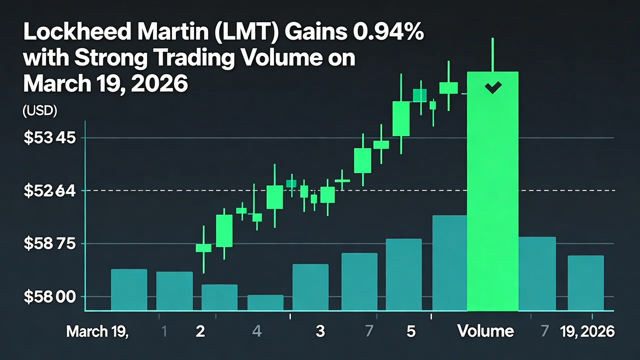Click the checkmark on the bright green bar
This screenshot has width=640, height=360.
pos(493,88)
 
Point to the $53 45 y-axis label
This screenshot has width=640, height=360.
pos(49,138)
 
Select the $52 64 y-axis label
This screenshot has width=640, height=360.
pos(49,191)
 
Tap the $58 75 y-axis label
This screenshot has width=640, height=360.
pos(49,244)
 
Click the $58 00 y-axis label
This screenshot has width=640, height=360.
pos(49,297)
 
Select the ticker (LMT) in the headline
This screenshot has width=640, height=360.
pos(257,33)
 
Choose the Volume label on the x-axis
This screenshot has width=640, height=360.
pos(485,331)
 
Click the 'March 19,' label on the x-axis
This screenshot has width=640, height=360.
pos(97,331)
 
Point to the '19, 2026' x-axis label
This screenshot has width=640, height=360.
pos(587,331)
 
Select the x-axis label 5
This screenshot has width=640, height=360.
pos(411,331)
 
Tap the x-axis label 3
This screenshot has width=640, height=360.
pos(320,331)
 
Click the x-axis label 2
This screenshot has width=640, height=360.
pos(200,331)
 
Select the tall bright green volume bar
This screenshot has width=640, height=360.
pos(492,200)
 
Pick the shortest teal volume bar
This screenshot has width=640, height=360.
pos(265,303)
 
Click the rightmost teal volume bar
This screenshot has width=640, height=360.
pos(585,283)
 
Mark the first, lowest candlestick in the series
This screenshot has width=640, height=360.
pos(203,248)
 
